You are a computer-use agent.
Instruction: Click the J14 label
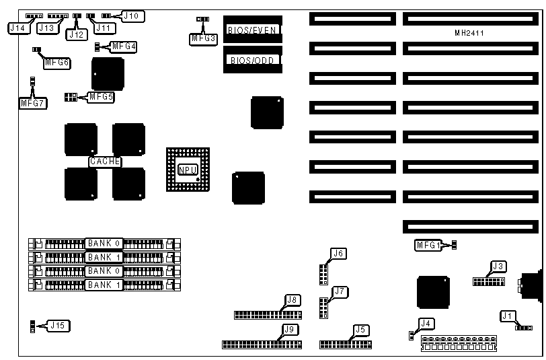pos(17,28)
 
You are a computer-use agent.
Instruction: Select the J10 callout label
pos(132,15)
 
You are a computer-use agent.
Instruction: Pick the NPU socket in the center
pos(188,169)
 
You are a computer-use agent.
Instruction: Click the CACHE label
pos(105,161)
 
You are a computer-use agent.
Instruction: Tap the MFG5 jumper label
pos(102,96)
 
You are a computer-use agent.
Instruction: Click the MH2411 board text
pos(470,32)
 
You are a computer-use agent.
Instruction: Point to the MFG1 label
pos(428,246)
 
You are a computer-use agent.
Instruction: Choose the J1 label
pos(508,316)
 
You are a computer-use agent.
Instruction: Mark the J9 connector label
pos(290,329)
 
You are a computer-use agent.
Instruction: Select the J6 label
pos(338,254)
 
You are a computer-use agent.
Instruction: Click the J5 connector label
pos(361,330)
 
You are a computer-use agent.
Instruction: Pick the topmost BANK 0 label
pos(104,242)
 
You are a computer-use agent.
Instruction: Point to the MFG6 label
pos(56,62)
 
